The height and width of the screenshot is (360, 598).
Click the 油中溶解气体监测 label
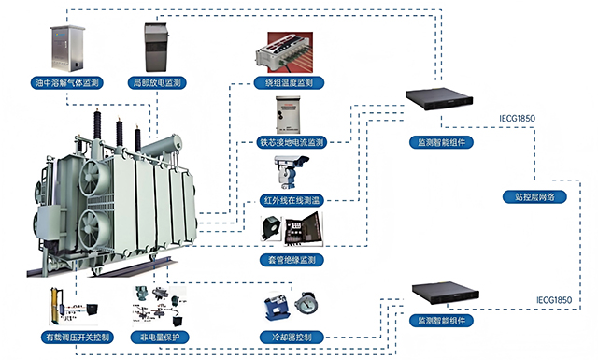(66, 82)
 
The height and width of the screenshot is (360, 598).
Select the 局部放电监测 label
(157, 82)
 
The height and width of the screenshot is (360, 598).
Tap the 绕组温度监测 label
(289, 82)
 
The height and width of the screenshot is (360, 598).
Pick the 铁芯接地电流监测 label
(292, 142)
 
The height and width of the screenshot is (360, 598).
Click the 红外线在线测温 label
(292, 200)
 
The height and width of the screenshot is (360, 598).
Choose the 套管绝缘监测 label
(292, 260)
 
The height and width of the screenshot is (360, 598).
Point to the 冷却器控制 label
(292, 338)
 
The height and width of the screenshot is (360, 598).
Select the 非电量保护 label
(160, 338)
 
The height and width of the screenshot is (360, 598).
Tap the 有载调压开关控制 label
(78, 338)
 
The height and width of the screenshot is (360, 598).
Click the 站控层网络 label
(534, 197)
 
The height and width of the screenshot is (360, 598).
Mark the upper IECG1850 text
(517, 119)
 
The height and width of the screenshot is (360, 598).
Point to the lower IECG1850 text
(554, 300)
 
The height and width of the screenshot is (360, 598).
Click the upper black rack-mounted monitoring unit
(439, 98)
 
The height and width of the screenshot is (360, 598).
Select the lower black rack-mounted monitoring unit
(446, 293)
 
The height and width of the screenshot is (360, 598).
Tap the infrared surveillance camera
(291, 171)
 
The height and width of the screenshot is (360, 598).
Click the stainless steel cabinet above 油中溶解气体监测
(67, 48)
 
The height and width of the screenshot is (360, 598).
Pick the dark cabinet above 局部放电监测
(156, 47)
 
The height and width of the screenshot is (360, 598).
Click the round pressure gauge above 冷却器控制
(306, 303)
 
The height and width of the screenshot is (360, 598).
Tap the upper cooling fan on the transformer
(93, 178)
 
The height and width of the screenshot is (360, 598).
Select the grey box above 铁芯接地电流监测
(288, 115)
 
